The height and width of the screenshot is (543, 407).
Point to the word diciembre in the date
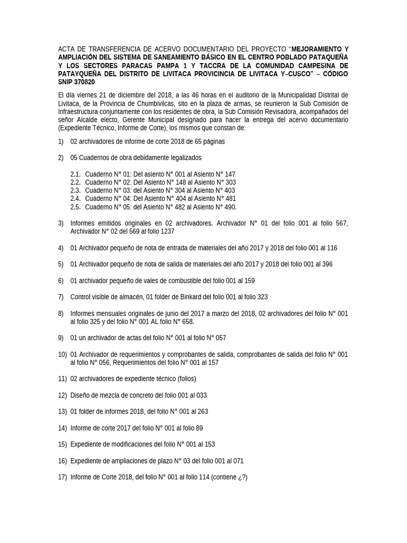(132, 95)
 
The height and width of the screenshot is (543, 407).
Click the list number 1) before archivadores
(61, 142)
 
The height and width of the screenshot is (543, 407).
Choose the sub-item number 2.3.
(75, 190)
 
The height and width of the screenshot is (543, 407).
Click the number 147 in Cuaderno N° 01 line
(229, 174)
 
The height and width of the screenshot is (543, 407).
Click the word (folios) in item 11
(180, 379)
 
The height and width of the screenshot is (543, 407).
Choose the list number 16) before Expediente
(63, 461)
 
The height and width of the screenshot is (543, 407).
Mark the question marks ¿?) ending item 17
(241, 477)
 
